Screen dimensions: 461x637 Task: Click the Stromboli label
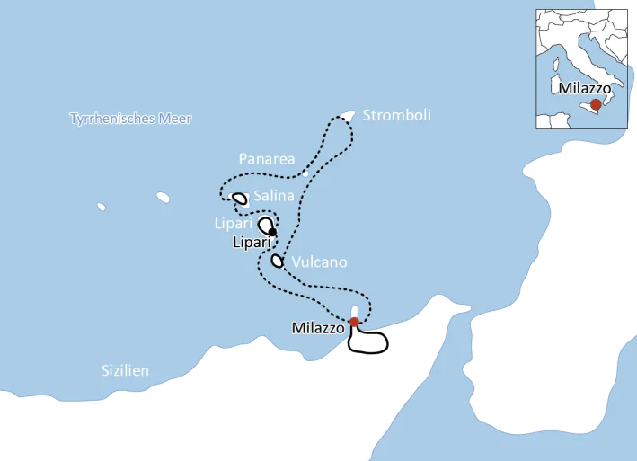tap(396, 115)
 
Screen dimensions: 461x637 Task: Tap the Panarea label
tap(267, 159)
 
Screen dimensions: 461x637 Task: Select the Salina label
tap(273, 196)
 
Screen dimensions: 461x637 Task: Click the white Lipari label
tap(234, 221)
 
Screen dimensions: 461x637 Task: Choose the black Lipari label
tap(252, 242)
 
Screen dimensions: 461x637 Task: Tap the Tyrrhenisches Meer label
tap(131, 119)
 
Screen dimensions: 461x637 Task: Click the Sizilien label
tap(125, 370)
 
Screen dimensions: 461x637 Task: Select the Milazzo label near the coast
tap(318, 329)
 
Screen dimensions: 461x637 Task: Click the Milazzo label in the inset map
tap(584, 89)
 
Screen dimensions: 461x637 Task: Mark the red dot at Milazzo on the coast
tap(354, 322)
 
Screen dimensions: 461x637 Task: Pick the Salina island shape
tap(240, 199)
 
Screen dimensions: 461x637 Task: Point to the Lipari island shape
tap(266, 225)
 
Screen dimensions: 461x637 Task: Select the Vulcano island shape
tap(277, 262)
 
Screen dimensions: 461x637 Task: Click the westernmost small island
tap(102, 207)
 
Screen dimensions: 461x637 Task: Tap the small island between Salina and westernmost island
tap(163, 196)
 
